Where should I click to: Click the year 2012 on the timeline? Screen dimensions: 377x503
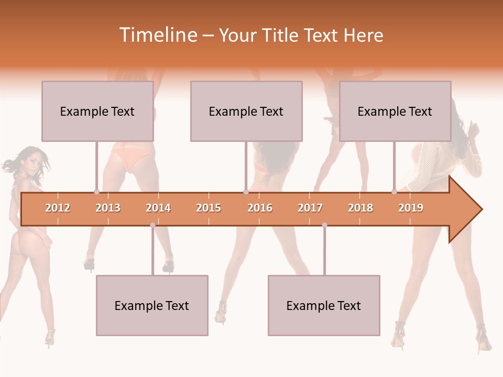click(x=58, y=208)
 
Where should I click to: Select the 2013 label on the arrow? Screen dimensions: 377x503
click(x=108, y=208)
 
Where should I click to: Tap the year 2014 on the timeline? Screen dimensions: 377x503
click(x=158, y=208)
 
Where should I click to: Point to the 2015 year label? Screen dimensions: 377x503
click(x=209, y=208)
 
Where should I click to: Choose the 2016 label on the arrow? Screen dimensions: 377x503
click(x=260, y=208)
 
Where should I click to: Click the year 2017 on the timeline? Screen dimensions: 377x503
click(x=310, y=208)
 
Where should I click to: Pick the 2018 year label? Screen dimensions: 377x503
click(x=360, y=208)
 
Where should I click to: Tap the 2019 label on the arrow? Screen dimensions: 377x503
click(x=411, y=208)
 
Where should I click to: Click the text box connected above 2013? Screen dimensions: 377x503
click(x=97, y=111)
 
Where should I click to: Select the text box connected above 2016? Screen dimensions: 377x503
click(x=246, y=111)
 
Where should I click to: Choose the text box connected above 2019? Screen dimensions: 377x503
click(x=395, y=111)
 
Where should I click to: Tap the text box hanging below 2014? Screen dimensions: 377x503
click(x=152, y=305)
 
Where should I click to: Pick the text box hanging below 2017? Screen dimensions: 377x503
click(x=324, y=305)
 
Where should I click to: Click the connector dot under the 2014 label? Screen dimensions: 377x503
click(x=152, y=225)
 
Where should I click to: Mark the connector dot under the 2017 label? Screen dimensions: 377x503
click(x=324, y=225)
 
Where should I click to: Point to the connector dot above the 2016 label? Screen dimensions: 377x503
click(x=246, y=192)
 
